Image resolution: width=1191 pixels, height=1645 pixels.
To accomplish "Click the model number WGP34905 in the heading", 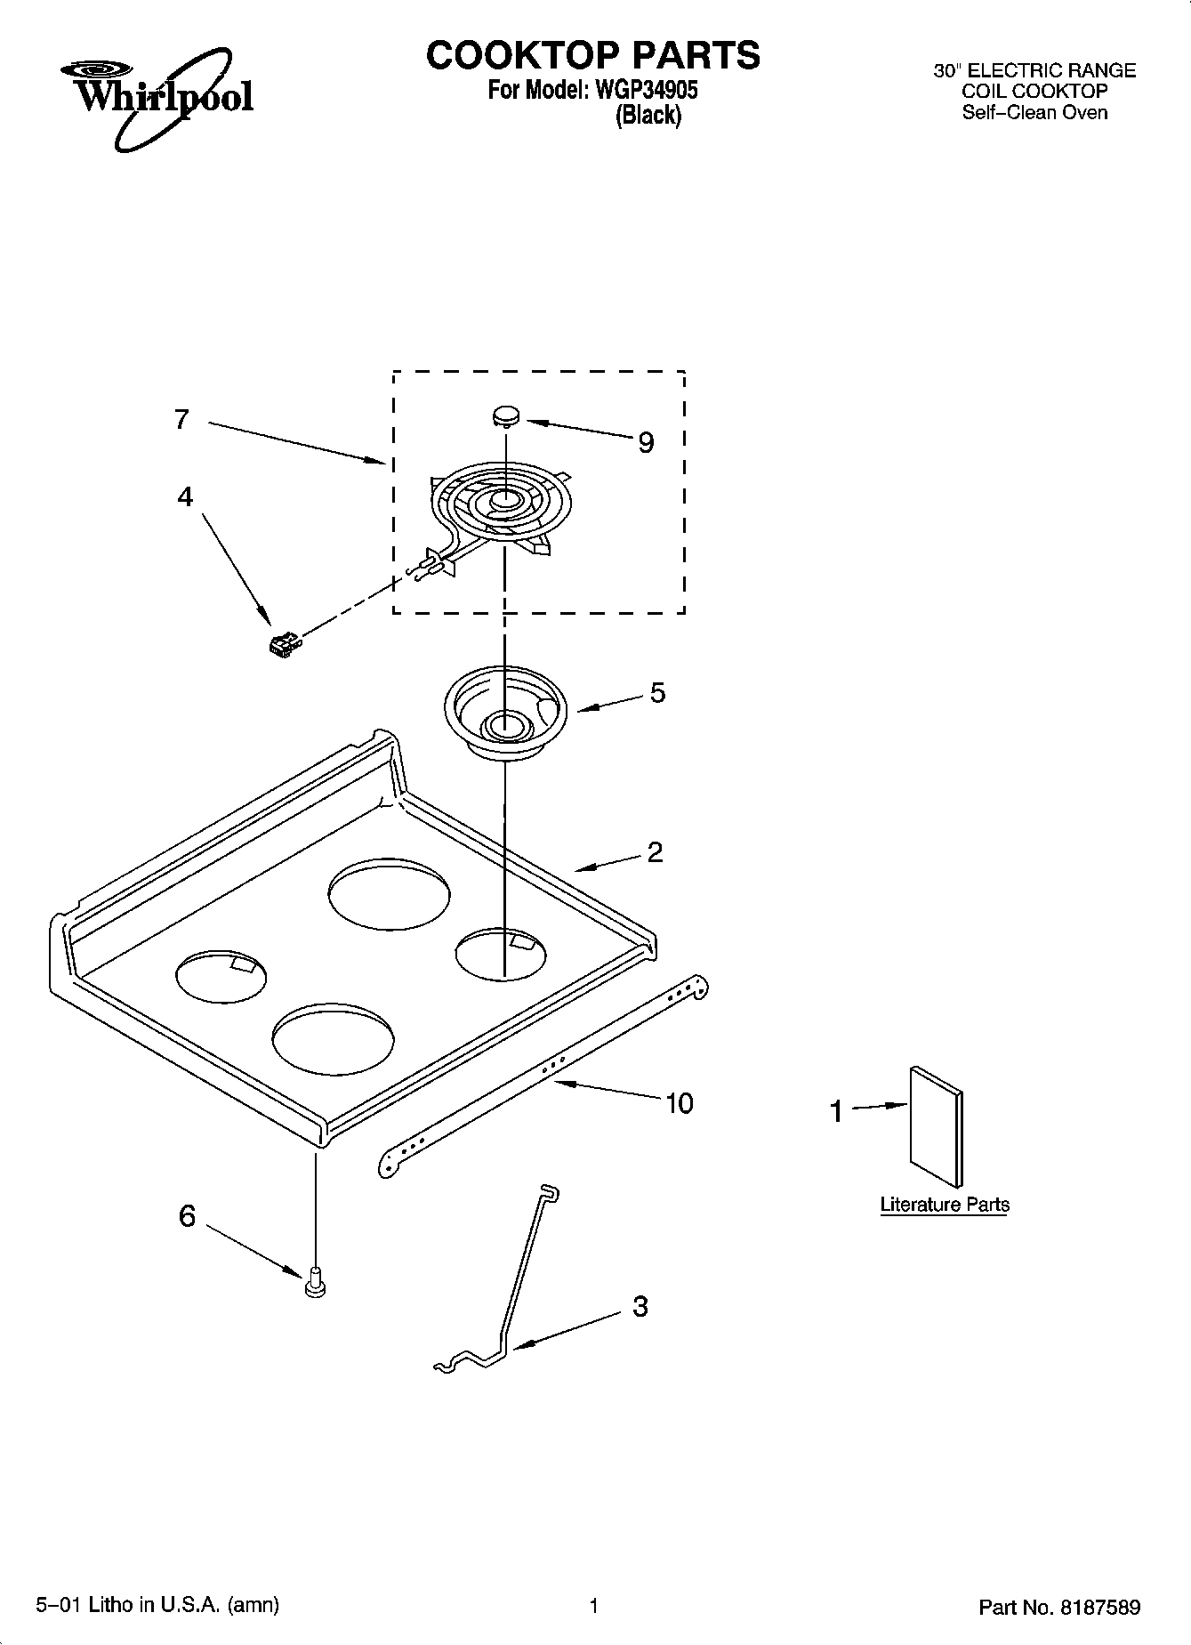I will [x=646, y=90].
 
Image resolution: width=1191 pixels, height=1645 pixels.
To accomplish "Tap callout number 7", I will [x=181, y=419].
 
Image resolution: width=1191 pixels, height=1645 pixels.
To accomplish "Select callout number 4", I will [x=184, y=496].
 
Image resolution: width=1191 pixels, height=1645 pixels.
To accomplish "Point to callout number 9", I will [x=647, y=442].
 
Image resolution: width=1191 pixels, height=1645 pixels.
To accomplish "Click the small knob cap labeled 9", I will [x=506, y=415].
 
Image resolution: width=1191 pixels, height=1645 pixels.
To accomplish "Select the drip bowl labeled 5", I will [x=504, y=712].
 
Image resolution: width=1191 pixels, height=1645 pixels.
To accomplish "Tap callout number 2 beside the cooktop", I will [x=655, y=852].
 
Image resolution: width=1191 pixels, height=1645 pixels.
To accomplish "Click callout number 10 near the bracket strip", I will [x=679, y=1104].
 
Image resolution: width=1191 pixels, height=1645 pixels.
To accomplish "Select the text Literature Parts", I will [x=945, y=1205].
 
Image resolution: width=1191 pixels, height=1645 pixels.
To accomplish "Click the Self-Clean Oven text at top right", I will [x=1034, y=112].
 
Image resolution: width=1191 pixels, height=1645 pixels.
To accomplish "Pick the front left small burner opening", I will [x=221, y=976].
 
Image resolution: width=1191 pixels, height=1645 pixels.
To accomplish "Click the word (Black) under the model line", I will [x=648, y=115].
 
